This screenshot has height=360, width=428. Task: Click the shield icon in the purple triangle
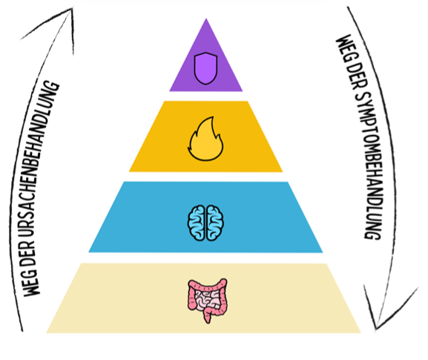coord(205,68)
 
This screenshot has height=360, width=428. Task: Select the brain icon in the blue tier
coord(205,223)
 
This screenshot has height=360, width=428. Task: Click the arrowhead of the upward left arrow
coord(71,9)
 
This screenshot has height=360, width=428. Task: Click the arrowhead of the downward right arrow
coord(376,328)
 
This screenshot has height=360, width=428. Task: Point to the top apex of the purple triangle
coord(206,19)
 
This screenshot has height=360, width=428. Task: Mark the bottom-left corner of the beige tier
coord(47,333)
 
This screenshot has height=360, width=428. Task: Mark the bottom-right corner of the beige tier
coord(360,333)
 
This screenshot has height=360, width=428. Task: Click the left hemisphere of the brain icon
coord(196,223)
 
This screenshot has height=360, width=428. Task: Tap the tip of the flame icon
coord(212,117)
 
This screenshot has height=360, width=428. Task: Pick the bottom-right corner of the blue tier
coord(323,252)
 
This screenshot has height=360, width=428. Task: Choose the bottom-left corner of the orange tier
coord(129,171)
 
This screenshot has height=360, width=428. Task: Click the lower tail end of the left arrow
coord(22,331)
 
